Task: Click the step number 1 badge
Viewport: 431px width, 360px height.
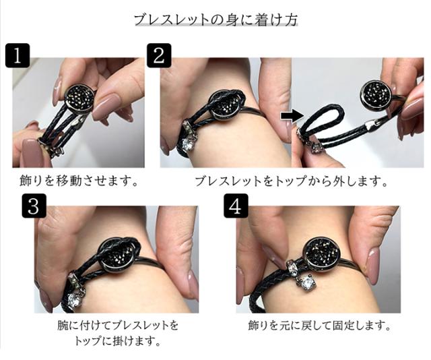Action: point(18,55)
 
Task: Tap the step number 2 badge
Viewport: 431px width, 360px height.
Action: point(159,55)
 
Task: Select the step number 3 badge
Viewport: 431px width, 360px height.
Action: point(34,206)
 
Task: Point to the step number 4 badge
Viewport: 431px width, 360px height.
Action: point(236,206)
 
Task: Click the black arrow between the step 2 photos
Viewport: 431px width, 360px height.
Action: point(292,116)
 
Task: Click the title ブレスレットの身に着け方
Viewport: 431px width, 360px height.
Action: point(215,20)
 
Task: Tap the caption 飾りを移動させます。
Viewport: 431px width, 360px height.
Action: point(79,181)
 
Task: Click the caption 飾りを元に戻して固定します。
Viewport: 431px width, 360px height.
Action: point(319,326)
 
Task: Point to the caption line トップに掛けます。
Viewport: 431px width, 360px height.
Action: point(118,341)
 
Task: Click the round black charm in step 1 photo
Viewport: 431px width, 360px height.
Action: point(78,98)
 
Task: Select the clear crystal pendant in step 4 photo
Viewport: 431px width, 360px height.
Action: point(306,284)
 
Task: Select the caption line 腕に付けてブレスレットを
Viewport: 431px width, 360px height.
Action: point(118,326)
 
